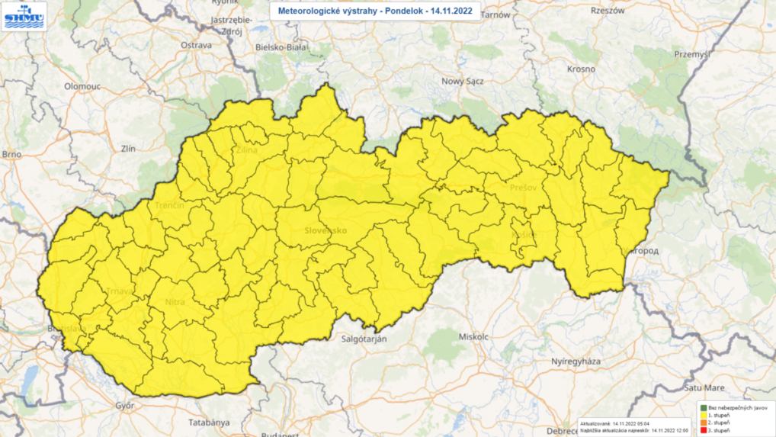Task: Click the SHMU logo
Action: [x=25, y=16]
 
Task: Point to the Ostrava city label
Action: [x=195, y=46]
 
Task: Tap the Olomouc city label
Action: [x=82, y=87]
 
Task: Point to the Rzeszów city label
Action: [x=608, y=11]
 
